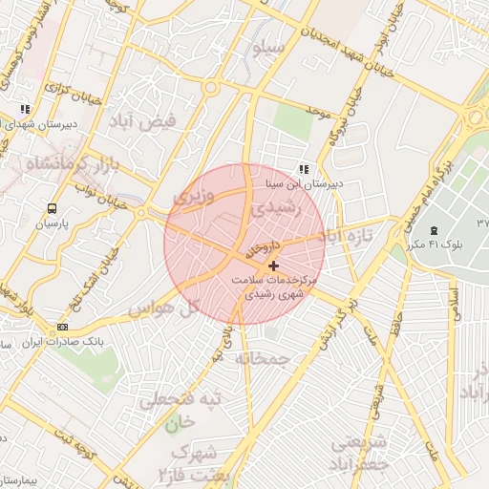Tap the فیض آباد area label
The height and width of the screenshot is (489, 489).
[x=159, y=122]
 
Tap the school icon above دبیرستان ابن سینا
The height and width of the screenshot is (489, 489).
[x=303, y=169]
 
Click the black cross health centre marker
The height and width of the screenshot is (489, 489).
[x=274, y=265]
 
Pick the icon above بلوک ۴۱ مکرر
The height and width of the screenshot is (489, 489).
[x=436, y=229]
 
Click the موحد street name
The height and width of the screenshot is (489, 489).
[x=318, y=113]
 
